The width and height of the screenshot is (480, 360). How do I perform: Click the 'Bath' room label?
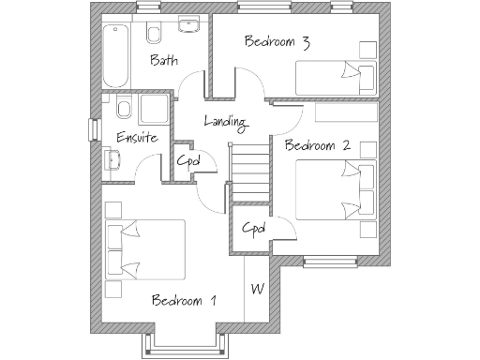click(165, 62)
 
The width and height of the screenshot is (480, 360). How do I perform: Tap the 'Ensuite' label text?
click(137, 138)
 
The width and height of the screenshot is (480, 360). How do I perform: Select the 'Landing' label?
click(225, 122)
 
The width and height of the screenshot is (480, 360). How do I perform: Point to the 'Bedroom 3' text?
click(277, 41)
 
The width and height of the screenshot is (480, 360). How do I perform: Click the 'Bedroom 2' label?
click(318, 145)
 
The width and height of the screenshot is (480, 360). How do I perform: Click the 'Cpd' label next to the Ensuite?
click(187, 160)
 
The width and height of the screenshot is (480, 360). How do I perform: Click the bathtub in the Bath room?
click(117, 53)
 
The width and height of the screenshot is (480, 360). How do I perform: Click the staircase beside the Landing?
click(248, 169)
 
